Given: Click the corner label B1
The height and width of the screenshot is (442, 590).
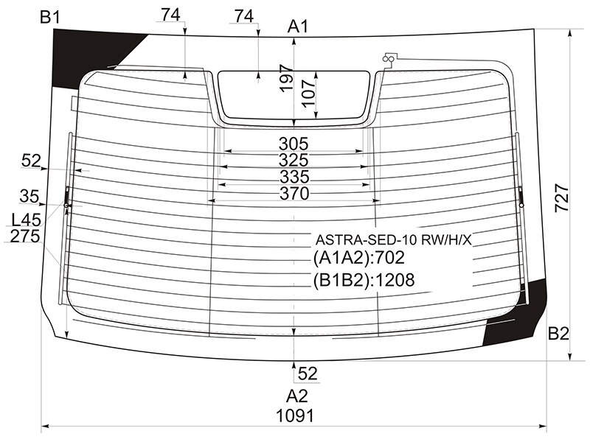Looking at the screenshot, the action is point(49,17).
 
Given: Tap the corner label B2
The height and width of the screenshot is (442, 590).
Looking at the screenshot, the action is point(558,334).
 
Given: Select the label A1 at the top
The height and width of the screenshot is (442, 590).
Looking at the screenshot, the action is point(298,27).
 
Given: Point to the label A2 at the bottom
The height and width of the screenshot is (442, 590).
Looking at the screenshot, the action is point(297,396).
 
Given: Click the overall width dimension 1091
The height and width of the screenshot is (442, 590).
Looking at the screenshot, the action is point(294,416).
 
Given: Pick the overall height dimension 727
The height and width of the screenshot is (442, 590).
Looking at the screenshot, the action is point(562,197).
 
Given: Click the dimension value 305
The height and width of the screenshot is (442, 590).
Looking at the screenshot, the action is point(294,144).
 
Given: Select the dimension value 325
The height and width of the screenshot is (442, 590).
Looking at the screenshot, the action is point(294,160).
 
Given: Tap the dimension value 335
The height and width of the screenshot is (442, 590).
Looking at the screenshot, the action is point(294,177).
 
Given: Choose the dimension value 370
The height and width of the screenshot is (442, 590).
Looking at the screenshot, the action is point(294,194).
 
